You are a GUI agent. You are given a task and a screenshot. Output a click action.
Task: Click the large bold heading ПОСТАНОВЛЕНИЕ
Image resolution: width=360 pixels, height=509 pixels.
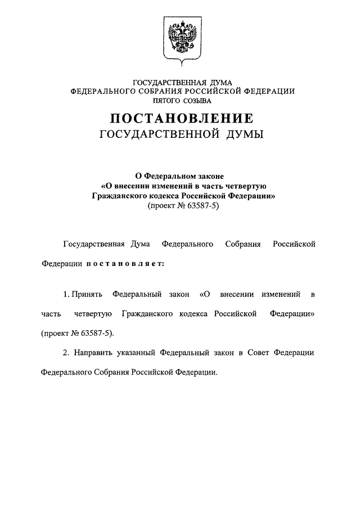tap(182, 119)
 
